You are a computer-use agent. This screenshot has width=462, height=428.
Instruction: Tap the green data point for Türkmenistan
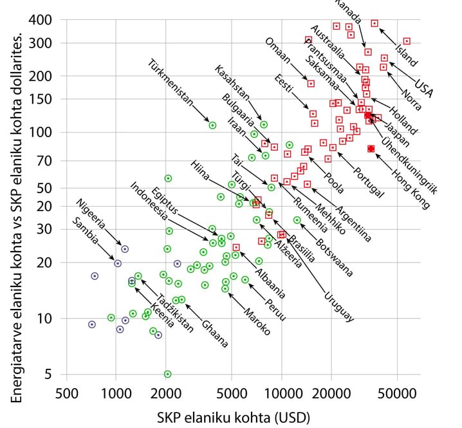point(212,126)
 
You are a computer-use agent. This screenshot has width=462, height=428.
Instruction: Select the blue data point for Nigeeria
point(125,249)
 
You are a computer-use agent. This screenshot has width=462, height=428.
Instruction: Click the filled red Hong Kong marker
point(371,149)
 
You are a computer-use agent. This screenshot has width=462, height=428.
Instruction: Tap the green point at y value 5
point(167,374)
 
